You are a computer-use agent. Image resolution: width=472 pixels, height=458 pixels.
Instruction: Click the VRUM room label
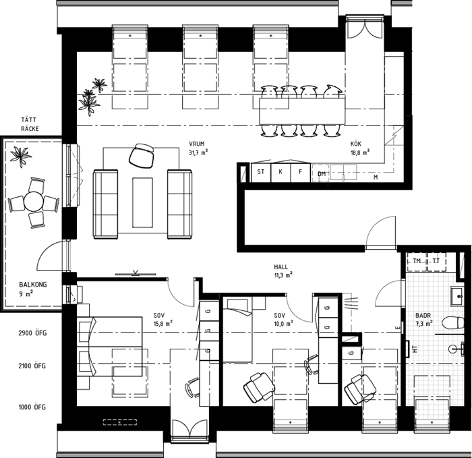[197, 144]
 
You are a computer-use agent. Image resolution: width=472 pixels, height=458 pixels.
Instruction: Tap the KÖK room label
[356, 144]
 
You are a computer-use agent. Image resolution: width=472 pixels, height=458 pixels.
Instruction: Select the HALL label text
[281, 267]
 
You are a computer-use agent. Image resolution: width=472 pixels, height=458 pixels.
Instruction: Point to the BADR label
[423, 316]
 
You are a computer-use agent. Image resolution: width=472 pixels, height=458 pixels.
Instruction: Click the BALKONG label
[33, 285]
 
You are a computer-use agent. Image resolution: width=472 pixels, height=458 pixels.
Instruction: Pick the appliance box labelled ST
[261, 173]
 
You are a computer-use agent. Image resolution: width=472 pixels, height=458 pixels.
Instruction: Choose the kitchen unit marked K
[281, 173]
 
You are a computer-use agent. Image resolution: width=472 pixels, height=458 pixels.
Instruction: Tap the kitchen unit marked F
[300, 173]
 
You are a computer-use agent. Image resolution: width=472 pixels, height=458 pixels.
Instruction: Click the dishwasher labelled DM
[321, 173]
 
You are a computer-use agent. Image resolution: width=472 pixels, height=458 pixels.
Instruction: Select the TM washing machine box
[417, 262]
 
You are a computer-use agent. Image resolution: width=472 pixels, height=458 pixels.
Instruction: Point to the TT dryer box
[436, 262]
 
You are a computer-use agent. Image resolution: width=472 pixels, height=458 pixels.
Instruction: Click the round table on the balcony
[34, 202]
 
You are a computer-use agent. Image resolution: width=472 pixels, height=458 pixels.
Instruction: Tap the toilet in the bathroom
[453, 322]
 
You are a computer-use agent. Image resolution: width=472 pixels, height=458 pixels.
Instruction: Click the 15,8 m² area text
[163, 324]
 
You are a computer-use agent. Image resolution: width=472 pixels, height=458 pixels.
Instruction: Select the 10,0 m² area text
[284, 324]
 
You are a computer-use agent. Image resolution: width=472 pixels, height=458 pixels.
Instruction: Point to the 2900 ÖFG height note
[32, 333]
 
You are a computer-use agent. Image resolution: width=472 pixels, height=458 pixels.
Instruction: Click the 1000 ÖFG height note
[32, 407]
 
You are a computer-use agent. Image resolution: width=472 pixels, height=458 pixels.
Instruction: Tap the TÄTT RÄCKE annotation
[30, 124]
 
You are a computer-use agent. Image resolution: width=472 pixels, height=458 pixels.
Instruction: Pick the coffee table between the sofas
[142, 202]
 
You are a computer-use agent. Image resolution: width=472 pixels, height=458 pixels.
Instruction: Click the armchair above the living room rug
[142, 155]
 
